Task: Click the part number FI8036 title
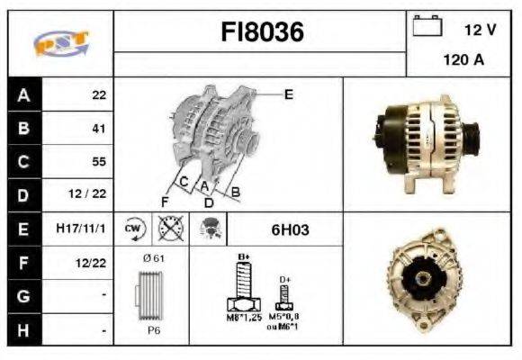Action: pyautogui.click(x=263, y=32)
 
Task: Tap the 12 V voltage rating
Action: pyautogui.click(x=480, y=30)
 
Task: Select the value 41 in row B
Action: pyautogui.click(x=99, y=129)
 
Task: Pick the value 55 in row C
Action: pyautogui.click(x=99, y=162)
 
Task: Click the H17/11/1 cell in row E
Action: pyautogui.click(x=80, y=229)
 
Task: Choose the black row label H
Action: pyautogui.click(x=22, y=330)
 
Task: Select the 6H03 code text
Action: pyautogui.click(x=290, y=229)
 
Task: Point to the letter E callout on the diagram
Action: pyautogui.click(x=288, y=94)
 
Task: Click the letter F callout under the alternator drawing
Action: pyautogui.click(x=165, y=201)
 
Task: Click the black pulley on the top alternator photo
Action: pyautogui.click(x=388, y=139)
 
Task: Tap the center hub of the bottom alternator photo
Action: pyautogui.click(x=418, y=285)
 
